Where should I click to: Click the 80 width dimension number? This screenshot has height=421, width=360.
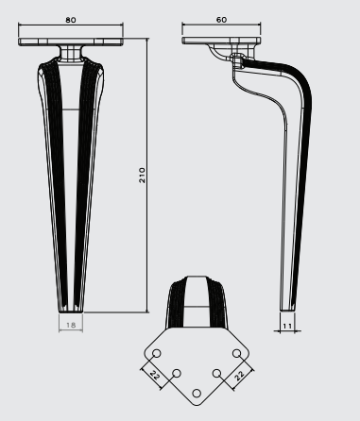coord(71,20)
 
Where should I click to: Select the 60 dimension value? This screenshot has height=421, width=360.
coord(221,20)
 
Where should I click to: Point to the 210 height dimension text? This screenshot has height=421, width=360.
coord(142,176)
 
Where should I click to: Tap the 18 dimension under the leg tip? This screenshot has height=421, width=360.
coord(71,325)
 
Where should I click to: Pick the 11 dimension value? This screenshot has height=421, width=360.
coord(287,326)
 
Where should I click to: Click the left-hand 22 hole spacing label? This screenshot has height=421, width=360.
coord(155,375)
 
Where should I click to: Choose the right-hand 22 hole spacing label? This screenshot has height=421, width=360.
coord(239,375)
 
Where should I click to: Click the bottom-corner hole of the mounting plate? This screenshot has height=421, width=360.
coord(197,394)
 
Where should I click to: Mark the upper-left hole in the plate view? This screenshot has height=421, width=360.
coord(157,353)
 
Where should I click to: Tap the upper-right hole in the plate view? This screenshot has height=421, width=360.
coord(237,353)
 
